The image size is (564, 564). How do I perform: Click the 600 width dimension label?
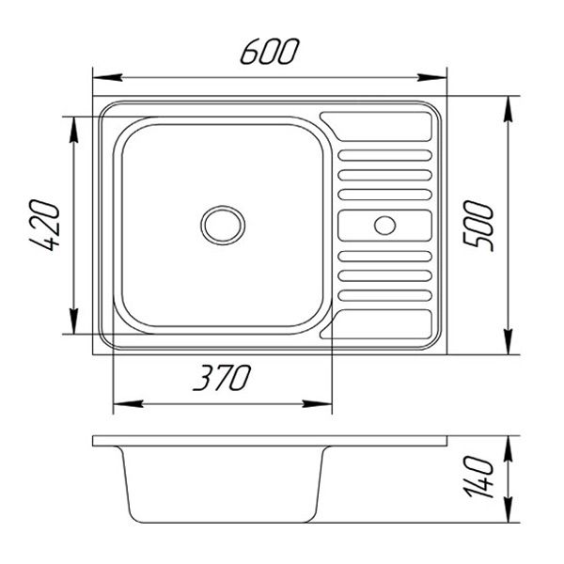[269, 53]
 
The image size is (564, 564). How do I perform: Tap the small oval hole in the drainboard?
[385, 226]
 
